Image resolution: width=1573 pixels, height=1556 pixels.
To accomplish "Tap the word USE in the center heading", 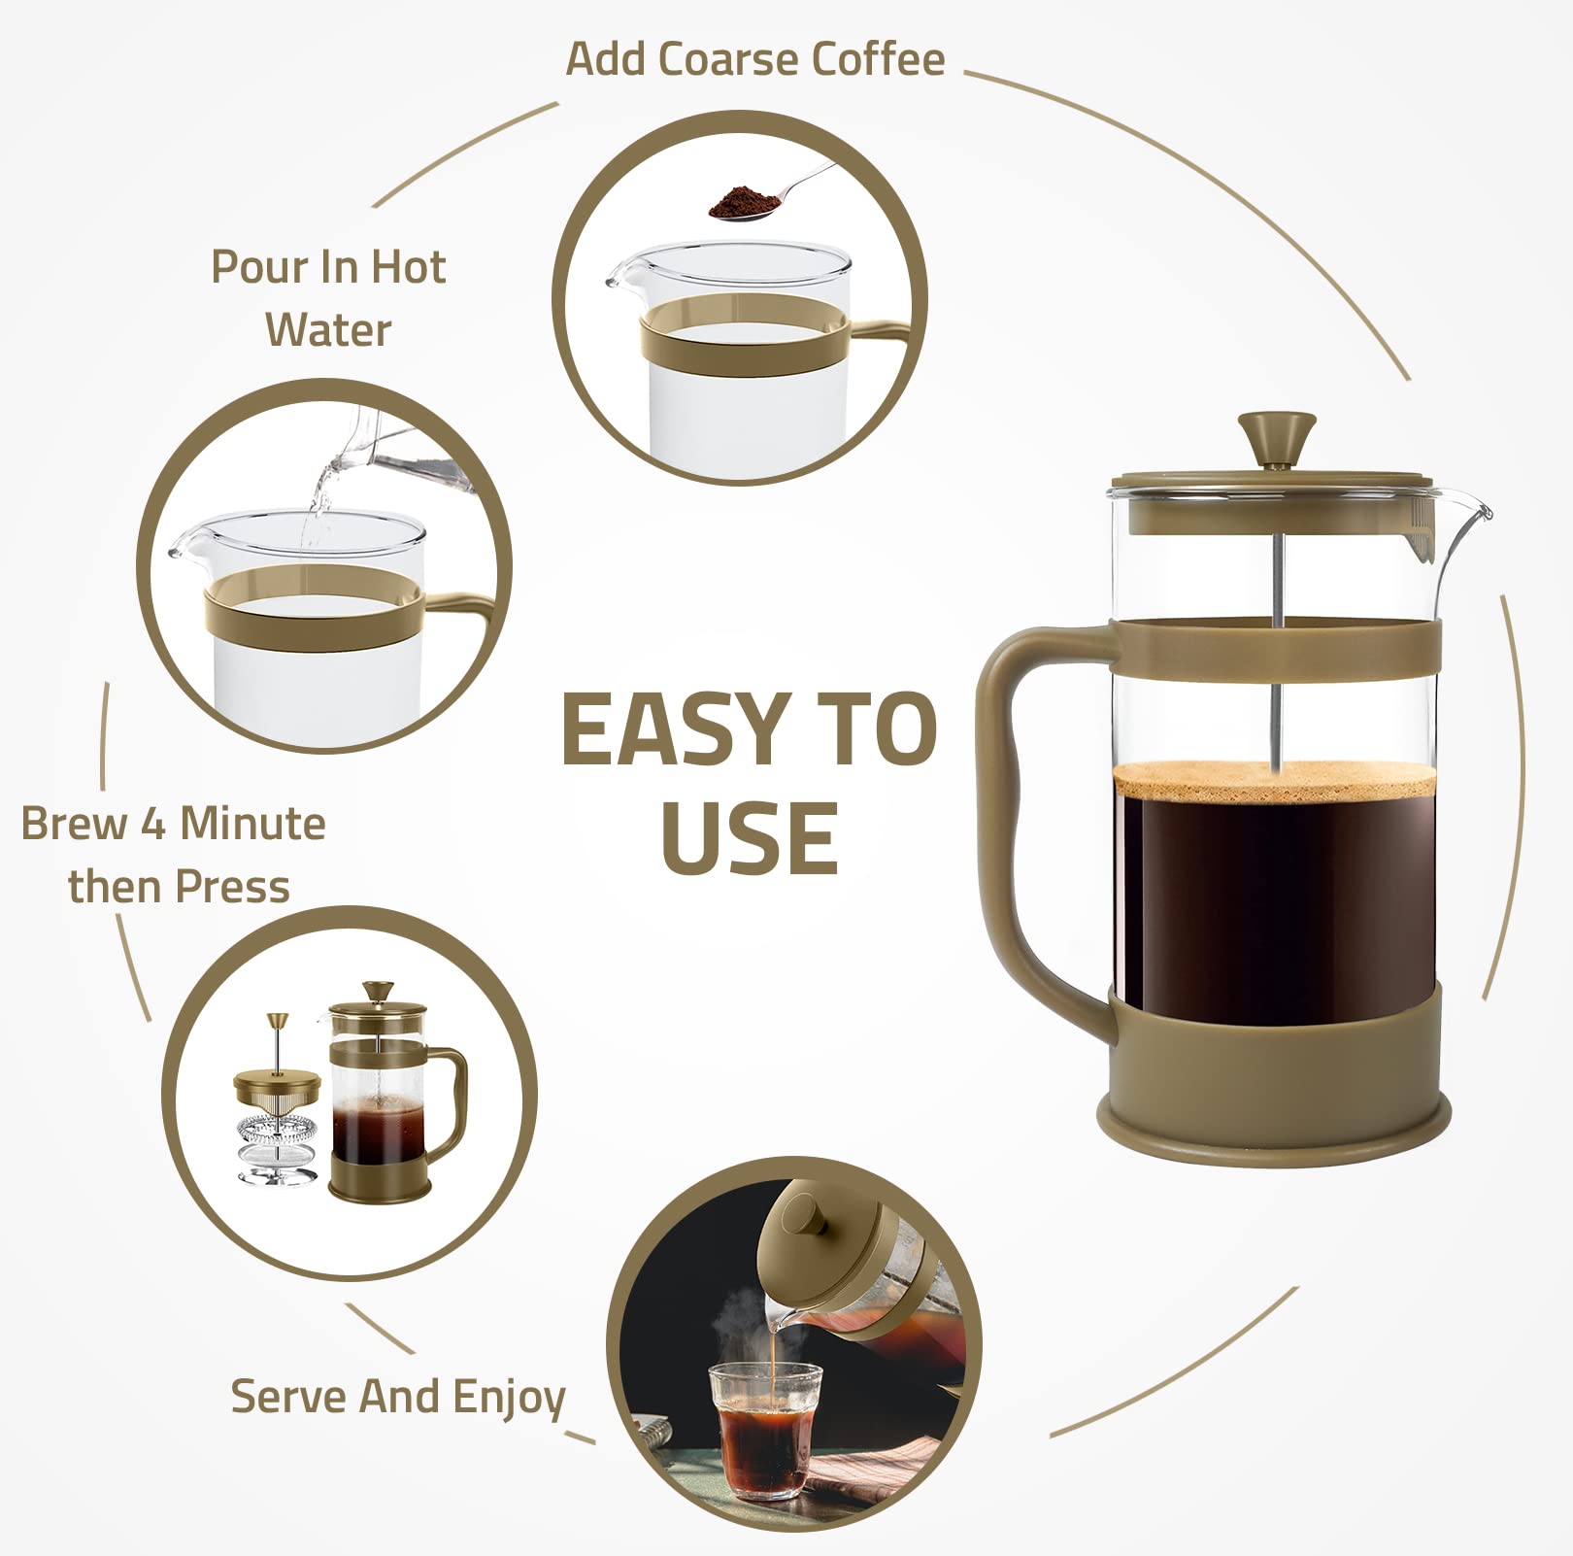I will click(750, 838).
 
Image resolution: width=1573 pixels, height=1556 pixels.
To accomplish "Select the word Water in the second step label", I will click(328, 330).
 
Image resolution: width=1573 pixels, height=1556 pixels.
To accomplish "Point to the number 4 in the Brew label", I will click(153, 824).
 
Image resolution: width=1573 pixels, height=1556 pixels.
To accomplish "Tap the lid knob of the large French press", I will click(1276, 437).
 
